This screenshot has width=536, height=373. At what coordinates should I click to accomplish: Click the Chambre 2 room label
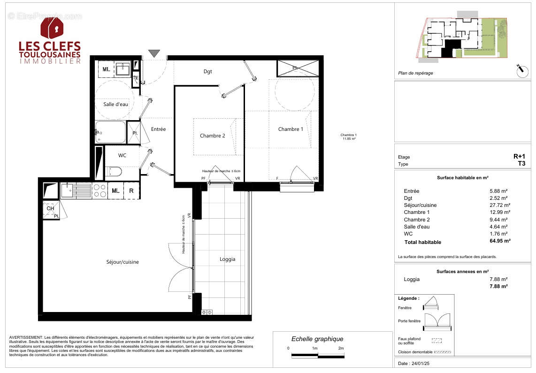(213, 136)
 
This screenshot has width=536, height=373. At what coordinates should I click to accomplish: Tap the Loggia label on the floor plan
(227, 259)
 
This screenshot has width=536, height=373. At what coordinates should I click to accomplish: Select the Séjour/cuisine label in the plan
(123, 262)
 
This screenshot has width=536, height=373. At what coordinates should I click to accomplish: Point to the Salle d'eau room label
(116, 104)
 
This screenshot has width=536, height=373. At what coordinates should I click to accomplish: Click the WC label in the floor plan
(122, 155)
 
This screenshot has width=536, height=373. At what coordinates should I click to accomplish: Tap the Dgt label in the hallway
(207, 72)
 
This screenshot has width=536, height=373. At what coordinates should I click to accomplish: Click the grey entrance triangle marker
(154, 54)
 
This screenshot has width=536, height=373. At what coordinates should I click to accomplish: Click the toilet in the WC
(113, 171)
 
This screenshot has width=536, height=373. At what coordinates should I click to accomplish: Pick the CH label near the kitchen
(50, 208)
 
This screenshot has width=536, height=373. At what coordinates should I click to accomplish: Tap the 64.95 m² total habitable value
(500, 241)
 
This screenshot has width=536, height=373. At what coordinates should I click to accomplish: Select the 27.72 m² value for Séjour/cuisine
(500, 205)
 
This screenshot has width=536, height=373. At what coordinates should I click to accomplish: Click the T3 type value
(521, 164)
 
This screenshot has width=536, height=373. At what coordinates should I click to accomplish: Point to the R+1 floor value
(520, 157)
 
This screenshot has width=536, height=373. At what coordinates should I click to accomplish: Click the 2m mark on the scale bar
(341, 349)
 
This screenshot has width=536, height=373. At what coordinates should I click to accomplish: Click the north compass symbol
(521, 71)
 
